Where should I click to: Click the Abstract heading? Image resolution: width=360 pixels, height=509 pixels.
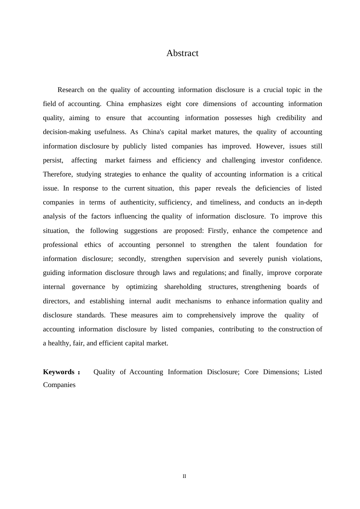(x=182, y=53)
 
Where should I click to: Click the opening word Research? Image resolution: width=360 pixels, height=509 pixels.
(x=70, y=90)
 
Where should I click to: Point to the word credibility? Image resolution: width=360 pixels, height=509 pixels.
(x=291, y=118)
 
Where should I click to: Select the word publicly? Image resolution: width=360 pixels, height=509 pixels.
(x=135, y=146)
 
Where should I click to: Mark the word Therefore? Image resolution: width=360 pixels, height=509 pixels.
(x=57, y=174)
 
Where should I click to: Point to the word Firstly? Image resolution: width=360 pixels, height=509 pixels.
(x=218, y=231)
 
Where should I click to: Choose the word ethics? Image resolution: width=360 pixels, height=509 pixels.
(x=93, y=245)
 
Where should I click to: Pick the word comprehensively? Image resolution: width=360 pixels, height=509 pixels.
(x=211, y=315)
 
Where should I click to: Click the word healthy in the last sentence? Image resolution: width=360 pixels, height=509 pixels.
(x=59, y=343)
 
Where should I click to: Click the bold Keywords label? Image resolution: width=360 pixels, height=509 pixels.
(x=59, y=372)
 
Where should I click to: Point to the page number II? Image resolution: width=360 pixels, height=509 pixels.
(x=184, y=476)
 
